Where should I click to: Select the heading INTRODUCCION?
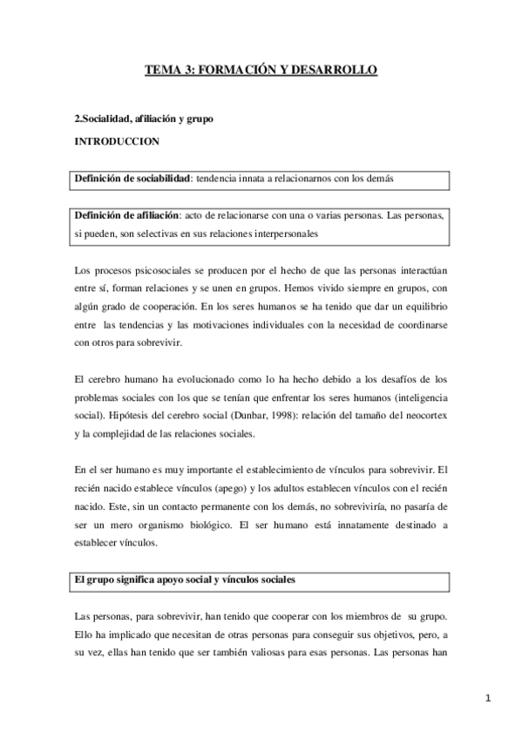point(110,139)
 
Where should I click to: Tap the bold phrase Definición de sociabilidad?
point(132,179)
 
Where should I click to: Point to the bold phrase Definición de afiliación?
point(126,215)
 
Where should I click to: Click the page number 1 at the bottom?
point(490,697)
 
